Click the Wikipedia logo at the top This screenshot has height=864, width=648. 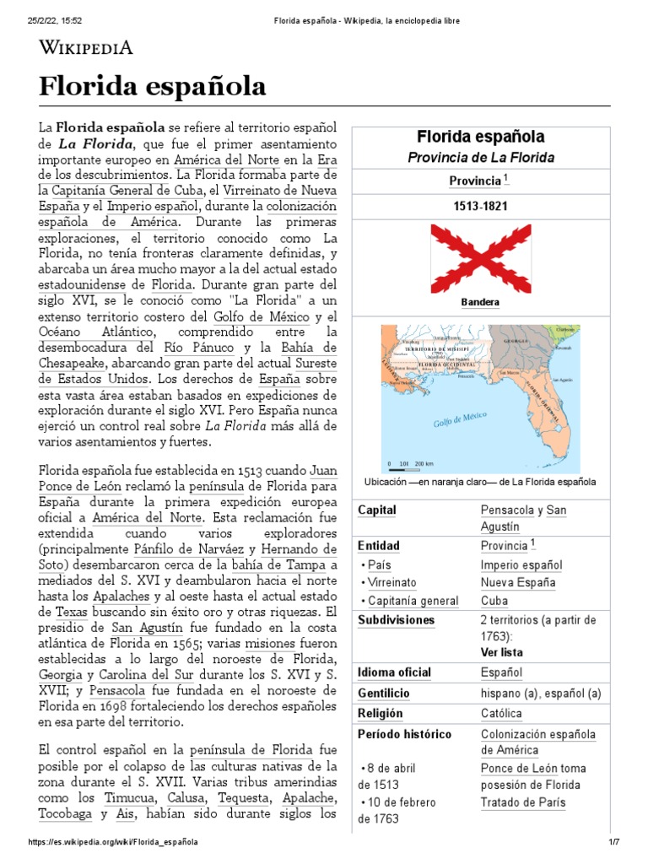coord(86,48)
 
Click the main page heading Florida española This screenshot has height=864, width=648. coord(153,86)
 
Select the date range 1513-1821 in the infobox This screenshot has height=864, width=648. coord(480,206)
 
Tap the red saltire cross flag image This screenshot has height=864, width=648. coord(480,257)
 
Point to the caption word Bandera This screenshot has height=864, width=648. coord(480,301)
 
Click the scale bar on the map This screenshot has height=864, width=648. coord(410,464)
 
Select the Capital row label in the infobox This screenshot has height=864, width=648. coord(377,510)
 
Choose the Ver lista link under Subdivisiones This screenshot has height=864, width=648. coord(501,652)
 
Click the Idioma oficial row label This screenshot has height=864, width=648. coord(394,672)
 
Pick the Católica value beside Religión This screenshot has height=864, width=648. coord(501,713)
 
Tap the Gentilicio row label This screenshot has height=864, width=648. coord(383,693)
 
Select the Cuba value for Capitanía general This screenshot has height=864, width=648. coord(494,601)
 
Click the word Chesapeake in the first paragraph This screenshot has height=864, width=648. coord(73,363)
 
